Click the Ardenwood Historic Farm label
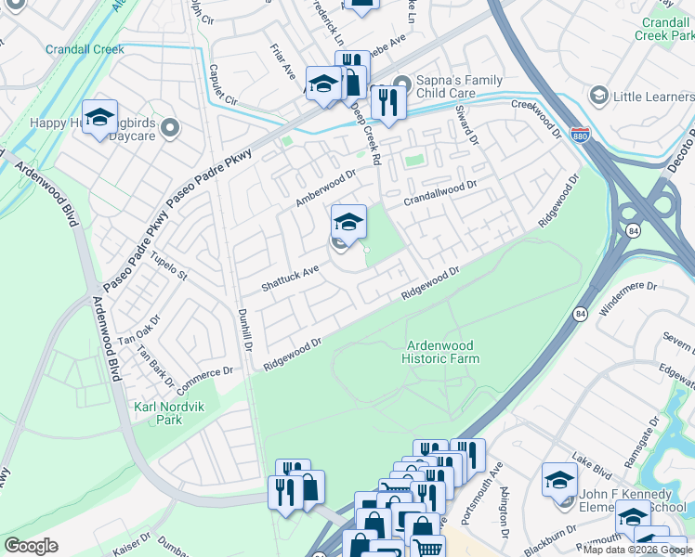[x=442, y=351]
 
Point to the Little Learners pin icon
[x=598, y=96]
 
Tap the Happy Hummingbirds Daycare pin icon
[x=169, y=129]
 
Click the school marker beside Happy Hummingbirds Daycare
[x=99, y=118]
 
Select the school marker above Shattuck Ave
[x=348, y=222]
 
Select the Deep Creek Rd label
[x=366, y=136]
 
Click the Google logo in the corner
[x=31, y=546]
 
